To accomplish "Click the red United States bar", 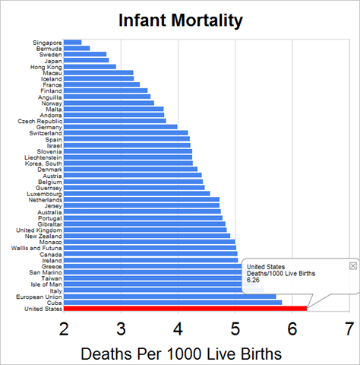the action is (185, 309).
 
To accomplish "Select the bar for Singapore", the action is (72, 42).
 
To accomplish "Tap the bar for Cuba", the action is (172, 303).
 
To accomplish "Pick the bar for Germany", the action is (120, 127).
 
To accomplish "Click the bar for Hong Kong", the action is (90, 66).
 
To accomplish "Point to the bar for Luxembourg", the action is (137, 194).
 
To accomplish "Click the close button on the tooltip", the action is (353, 265).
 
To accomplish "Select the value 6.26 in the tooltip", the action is (253, 280).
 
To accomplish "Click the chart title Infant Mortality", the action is (181, 21).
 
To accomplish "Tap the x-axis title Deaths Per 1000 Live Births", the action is (181, 354).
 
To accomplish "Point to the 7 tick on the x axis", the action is (349, 329).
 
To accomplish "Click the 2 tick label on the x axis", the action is (64, 329).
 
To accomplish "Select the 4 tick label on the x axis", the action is (178, 329).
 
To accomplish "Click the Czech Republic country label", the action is (39, 121).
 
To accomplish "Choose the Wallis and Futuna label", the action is (36, 248).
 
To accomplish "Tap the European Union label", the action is (39, 297).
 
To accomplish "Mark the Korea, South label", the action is (43, 163).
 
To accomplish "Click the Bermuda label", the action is (49, 49).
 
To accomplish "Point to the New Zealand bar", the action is (147, 236).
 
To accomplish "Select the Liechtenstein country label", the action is (43, 157).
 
